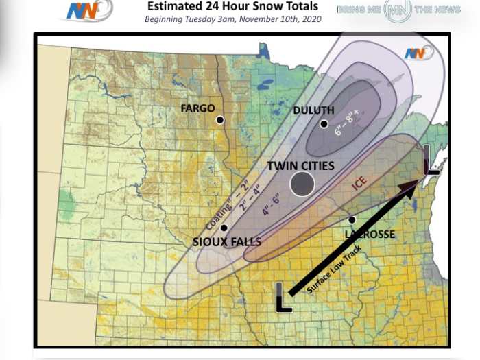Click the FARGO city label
pos(197,108)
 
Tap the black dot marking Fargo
pos(220,120)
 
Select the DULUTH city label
pos(313,110)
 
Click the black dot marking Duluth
pos(324,124)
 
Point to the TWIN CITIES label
pos(300,166)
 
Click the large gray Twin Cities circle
pos(302,184)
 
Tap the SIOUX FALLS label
pos(227,241)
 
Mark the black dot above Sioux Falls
pos(224,228)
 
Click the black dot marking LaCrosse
pos(352,220)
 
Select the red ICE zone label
pos(360,184)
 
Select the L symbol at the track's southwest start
pos(283,297)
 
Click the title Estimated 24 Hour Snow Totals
pos(232,8)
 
